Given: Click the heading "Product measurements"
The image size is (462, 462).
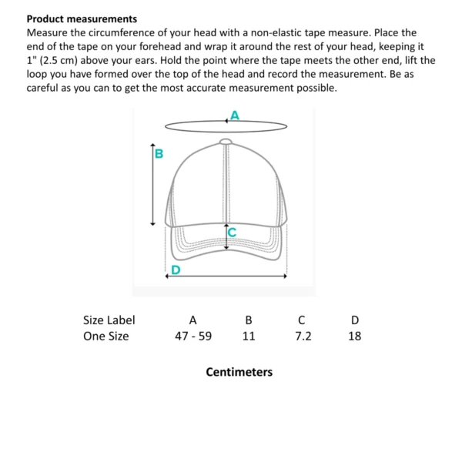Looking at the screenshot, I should tap(82, 18).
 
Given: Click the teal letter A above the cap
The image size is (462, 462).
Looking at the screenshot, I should tap(235, 115).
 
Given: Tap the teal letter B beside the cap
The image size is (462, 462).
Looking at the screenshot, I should tap(159, 153).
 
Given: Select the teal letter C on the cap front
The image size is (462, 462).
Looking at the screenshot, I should tap(231, 230).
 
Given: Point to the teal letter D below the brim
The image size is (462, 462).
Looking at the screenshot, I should tap(176, 269).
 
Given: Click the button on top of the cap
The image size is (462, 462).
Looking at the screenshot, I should tap(226, 141).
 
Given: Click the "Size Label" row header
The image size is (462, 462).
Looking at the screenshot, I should tap(109, 320).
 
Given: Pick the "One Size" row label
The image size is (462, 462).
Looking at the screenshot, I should tap(105, 336).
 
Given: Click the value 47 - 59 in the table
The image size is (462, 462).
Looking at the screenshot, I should tap(193, 336).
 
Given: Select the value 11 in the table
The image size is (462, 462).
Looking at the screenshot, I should tap(248, 336).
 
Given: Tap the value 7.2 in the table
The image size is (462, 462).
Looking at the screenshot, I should tap(303, 336).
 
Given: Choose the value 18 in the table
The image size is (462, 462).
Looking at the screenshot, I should tap(354, 336).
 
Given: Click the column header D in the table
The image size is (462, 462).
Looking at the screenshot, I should tap(354, 320).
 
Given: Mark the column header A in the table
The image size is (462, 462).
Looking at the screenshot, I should tap(193, 320).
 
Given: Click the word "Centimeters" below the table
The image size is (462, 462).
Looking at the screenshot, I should tap(239, 372).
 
